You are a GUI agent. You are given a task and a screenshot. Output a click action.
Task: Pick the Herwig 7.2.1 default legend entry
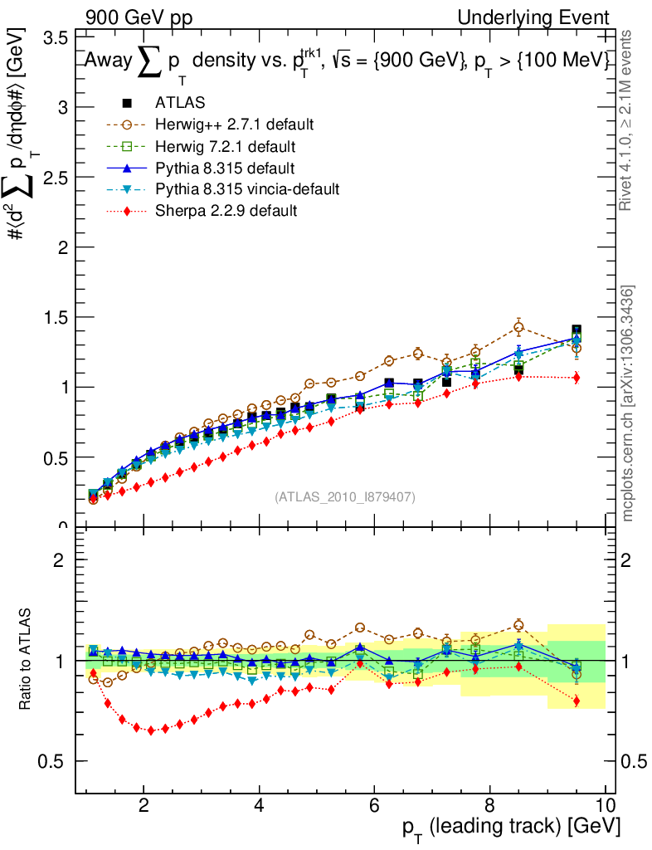click(226, 146)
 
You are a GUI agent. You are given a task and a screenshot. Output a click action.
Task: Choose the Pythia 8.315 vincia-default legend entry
click(247, 189)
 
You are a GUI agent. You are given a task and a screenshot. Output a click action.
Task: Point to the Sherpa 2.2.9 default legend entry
click(226, 211)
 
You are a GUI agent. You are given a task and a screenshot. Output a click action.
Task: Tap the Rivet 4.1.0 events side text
click(628, 120)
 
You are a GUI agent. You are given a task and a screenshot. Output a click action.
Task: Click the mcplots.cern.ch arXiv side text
click(628, 403)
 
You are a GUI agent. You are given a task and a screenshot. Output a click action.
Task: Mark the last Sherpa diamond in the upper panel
click(577, 378)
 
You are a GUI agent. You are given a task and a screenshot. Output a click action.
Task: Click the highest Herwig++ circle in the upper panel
click(518, 327)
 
